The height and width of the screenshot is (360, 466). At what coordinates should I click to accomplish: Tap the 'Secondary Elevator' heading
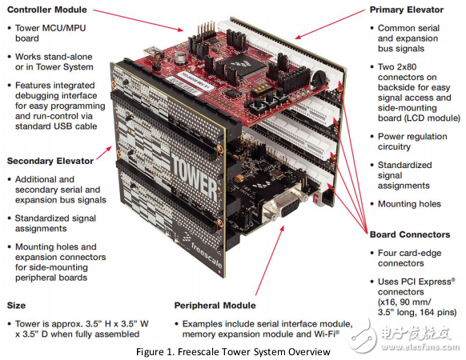click(50, 161)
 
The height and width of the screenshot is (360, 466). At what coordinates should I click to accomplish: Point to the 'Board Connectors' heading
click(410, 234)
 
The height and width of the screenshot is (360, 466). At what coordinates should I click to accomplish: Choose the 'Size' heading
click(18, 305)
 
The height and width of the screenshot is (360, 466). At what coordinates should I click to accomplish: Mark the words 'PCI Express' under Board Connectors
click(414, 282)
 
